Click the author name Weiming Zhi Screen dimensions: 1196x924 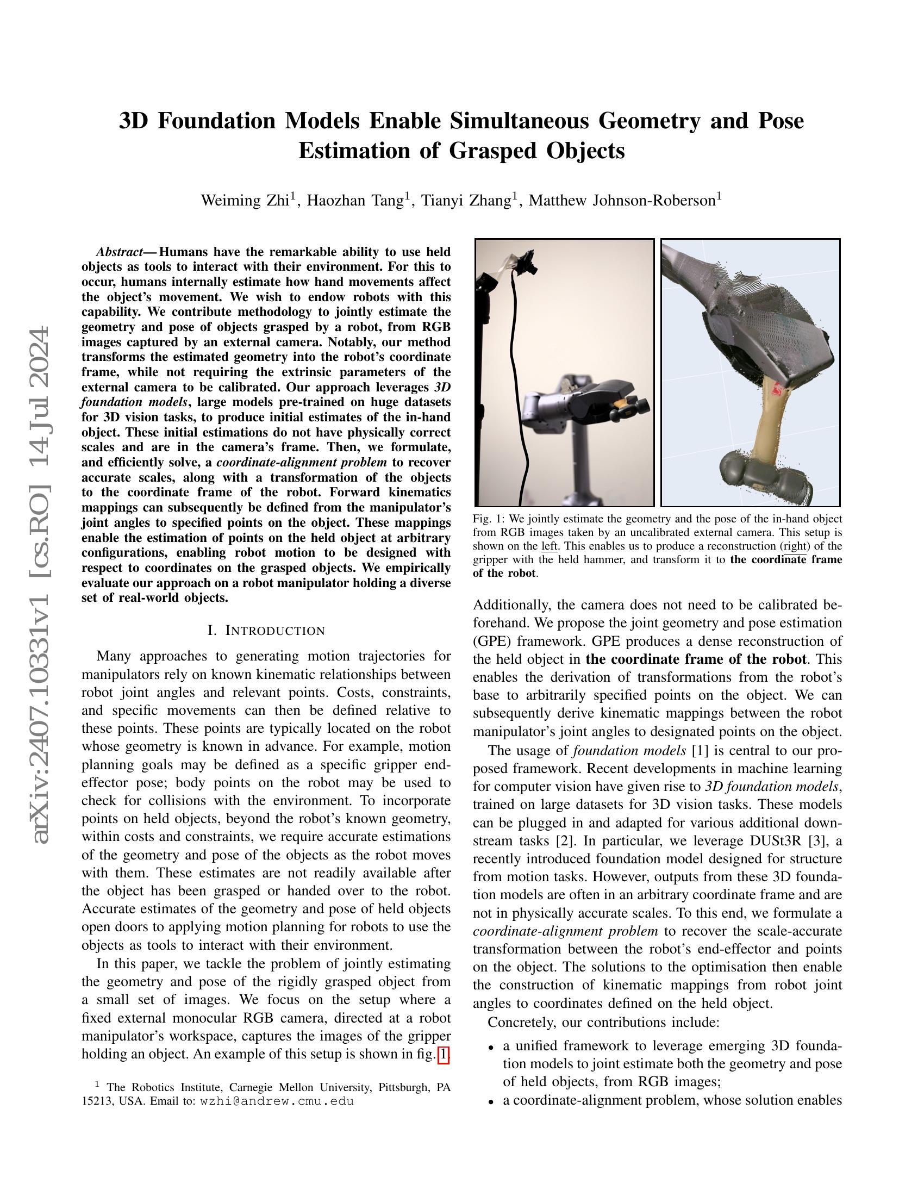click(x=245, y=201)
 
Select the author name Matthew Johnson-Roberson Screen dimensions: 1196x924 click(x=622, y=201)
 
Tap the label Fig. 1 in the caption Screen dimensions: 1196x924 click(x=487, y=519)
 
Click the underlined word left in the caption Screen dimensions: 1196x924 click(x=549, y=546)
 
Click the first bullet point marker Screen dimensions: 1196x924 click(x=491, y=1046)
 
